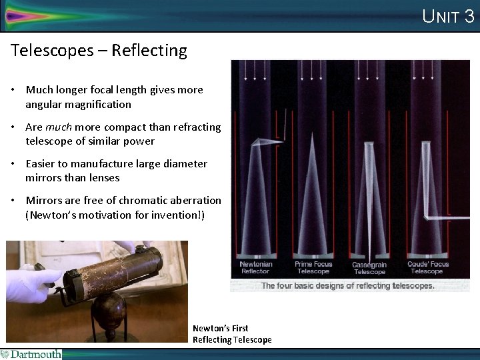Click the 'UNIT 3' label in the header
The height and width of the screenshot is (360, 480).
pos(448,16)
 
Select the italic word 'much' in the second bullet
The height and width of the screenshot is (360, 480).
pos(59,127)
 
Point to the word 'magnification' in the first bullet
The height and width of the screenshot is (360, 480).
pos(99,104)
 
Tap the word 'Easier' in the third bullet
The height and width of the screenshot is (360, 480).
pos(42,163)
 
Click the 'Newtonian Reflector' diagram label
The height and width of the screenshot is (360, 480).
pos(255,267)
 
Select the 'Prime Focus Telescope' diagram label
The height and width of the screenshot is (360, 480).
pos(313,267)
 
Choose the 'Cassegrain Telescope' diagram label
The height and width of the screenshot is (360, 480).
pos(369,268)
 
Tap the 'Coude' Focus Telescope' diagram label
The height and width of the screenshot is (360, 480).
pos(427,267)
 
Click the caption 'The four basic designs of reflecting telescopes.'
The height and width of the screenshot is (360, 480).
pos(347,285)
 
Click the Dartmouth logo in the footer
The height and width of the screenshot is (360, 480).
pos(31,354)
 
